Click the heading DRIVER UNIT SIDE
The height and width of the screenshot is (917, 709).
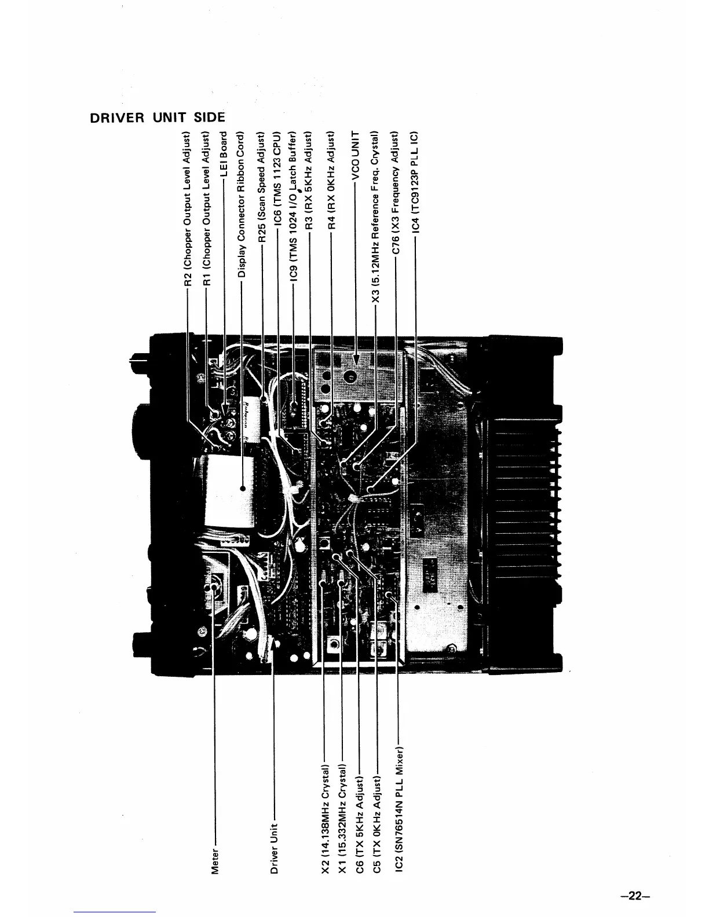156,118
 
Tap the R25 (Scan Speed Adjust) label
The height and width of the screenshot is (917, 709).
261,186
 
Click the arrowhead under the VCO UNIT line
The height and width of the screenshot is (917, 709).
357,360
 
